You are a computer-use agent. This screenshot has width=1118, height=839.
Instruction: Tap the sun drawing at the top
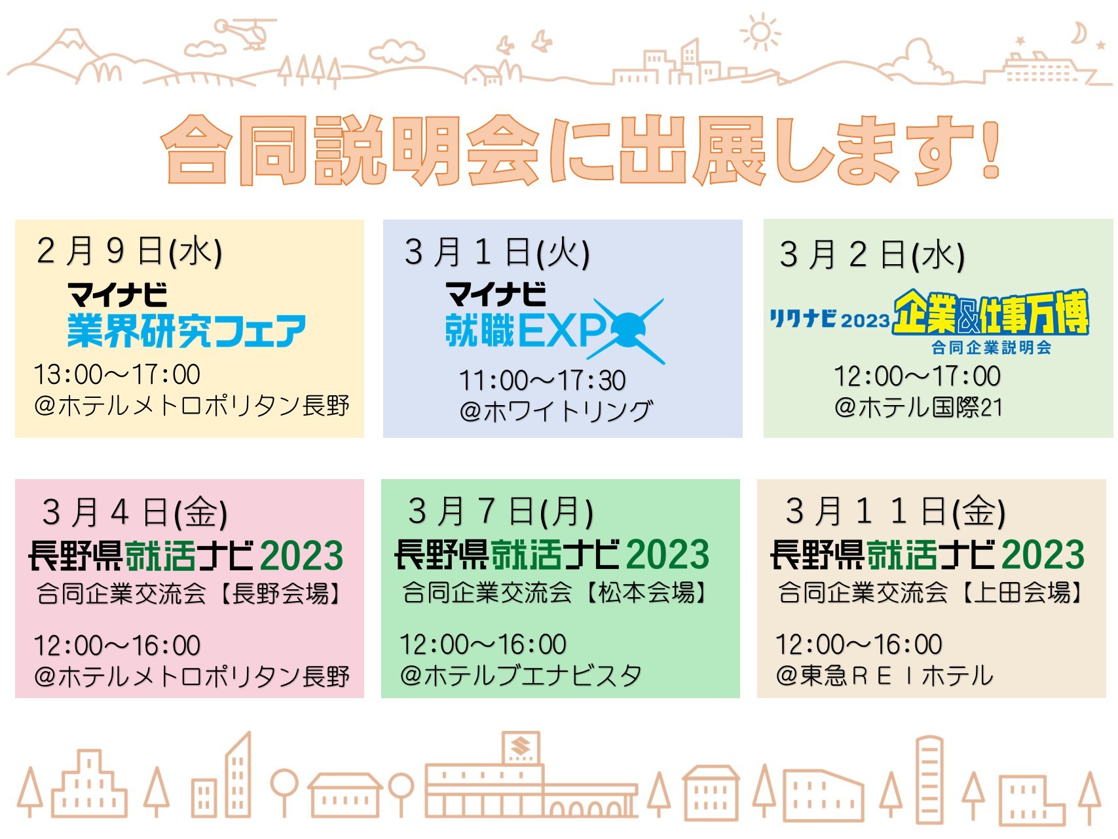760,32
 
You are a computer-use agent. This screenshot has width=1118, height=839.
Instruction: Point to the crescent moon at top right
1078,33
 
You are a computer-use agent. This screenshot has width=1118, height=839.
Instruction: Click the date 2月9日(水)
129,251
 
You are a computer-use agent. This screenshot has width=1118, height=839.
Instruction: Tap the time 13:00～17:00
117,375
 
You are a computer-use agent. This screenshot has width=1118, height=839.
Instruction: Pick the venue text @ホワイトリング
556,411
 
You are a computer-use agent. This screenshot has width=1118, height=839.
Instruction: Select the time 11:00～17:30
542,380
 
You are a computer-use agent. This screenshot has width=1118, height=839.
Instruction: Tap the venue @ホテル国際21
918,407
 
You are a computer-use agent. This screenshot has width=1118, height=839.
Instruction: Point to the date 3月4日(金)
134,513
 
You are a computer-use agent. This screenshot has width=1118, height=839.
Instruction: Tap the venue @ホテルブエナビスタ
521,675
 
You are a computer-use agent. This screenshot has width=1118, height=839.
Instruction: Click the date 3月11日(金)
895,511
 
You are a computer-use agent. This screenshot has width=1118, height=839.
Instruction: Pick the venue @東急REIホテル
884,675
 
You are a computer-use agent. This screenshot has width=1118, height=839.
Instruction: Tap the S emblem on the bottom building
521,747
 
